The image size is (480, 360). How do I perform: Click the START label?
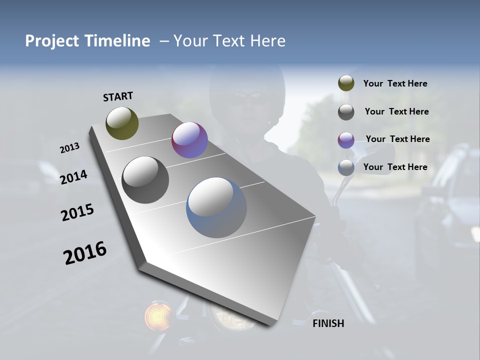click(x=118, y=96)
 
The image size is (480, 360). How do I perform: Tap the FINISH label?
click(x=328, y=323)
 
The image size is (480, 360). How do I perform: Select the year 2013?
click(x=69, y=148)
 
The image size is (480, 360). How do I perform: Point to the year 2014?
click(x=74, y=177)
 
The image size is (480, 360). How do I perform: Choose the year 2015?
click(x=77, y=212)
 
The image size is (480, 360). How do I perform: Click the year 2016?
click(x=85, y=253)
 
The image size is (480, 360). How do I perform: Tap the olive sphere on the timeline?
click(x=122, y=123)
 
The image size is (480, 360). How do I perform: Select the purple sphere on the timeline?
click(x=189, y=140)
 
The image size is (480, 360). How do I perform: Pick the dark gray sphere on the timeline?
click(x=145, y=180)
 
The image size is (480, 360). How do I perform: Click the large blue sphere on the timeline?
click(x=216, y=207)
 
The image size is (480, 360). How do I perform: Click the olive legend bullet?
click(x=346, y=83)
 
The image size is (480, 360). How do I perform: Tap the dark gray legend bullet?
click(x=346, y=112)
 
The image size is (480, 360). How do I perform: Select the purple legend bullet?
click(x=346, y=139)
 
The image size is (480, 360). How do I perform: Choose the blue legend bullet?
click(x=346, y=167)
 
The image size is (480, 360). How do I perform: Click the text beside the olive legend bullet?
click(x=395, y=83)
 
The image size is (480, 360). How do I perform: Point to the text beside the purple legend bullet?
click(x=397, y=139)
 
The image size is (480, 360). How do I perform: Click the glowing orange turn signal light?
click(x=157, y=315)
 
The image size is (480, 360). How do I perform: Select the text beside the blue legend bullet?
click(x=395, y=167)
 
